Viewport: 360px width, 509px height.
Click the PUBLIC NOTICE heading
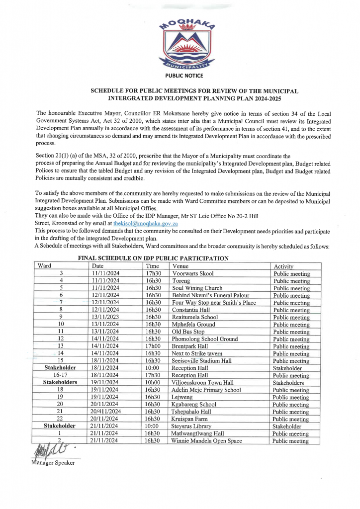[184, 76]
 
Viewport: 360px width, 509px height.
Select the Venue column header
[180, 266]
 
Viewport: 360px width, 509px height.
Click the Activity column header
[283, 266]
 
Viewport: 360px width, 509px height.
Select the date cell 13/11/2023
[105, 317]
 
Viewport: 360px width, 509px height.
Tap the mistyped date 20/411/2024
[105, 412]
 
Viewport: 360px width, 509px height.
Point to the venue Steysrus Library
[191, 426]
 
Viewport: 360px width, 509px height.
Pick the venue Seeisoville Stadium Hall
[201, 361]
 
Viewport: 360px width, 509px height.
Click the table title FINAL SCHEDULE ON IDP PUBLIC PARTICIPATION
[153, 258]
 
